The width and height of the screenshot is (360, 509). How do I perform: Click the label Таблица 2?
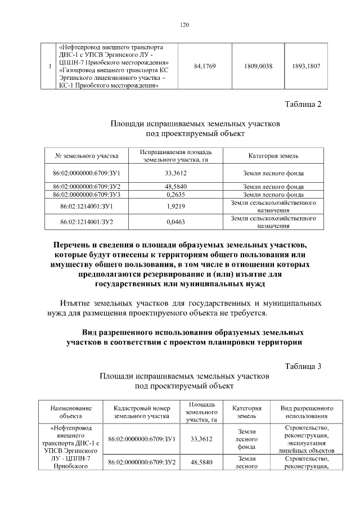coord(303,105)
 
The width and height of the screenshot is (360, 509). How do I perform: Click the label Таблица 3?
coord(303,366)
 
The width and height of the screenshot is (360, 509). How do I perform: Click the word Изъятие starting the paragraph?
coord(79,304)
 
